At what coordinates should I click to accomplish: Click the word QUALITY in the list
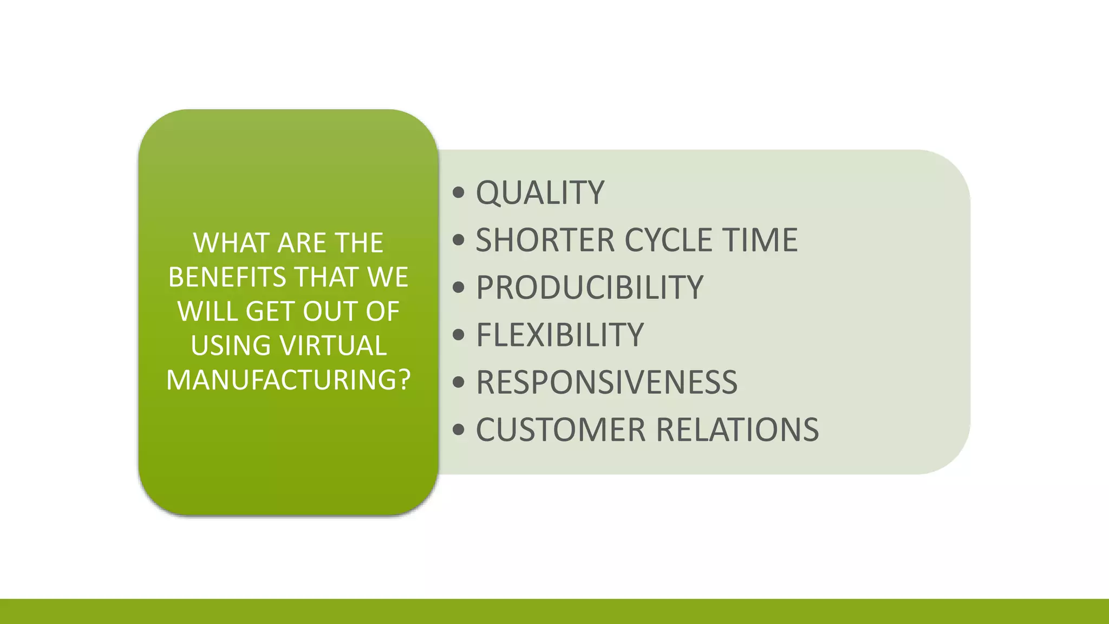click(x=539, y=193)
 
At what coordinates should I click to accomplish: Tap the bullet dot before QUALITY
click(x=459, y=192)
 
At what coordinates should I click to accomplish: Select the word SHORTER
click(x=545, y=240)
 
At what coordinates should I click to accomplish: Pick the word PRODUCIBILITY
click(x=589, y=288)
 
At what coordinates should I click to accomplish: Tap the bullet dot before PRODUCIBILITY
click(x=459, y=287)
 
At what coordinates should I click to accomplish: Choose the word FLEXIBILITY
click(x=559, y=335)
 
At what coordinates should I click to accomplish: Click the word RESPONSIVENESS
click(x=606, y=382)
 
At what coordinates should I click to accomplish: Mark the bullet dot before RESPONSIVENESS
click(x=459, y=382)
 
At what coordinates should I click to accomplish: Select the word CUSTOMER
click(x=561, y=430)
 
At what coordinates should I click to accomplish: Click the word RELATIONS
click(x=738, y=430)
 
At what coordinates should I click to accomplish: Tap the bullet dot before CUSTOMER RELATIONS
click(x=459, y=430)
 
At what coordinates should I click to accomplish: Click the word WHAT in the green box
click(x=231, y=243)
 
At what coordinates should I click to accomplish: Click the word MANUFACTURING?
click(x=288, y=380)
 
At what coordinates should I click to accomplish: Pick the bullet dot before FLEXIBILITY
click(x=459, y=334)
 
